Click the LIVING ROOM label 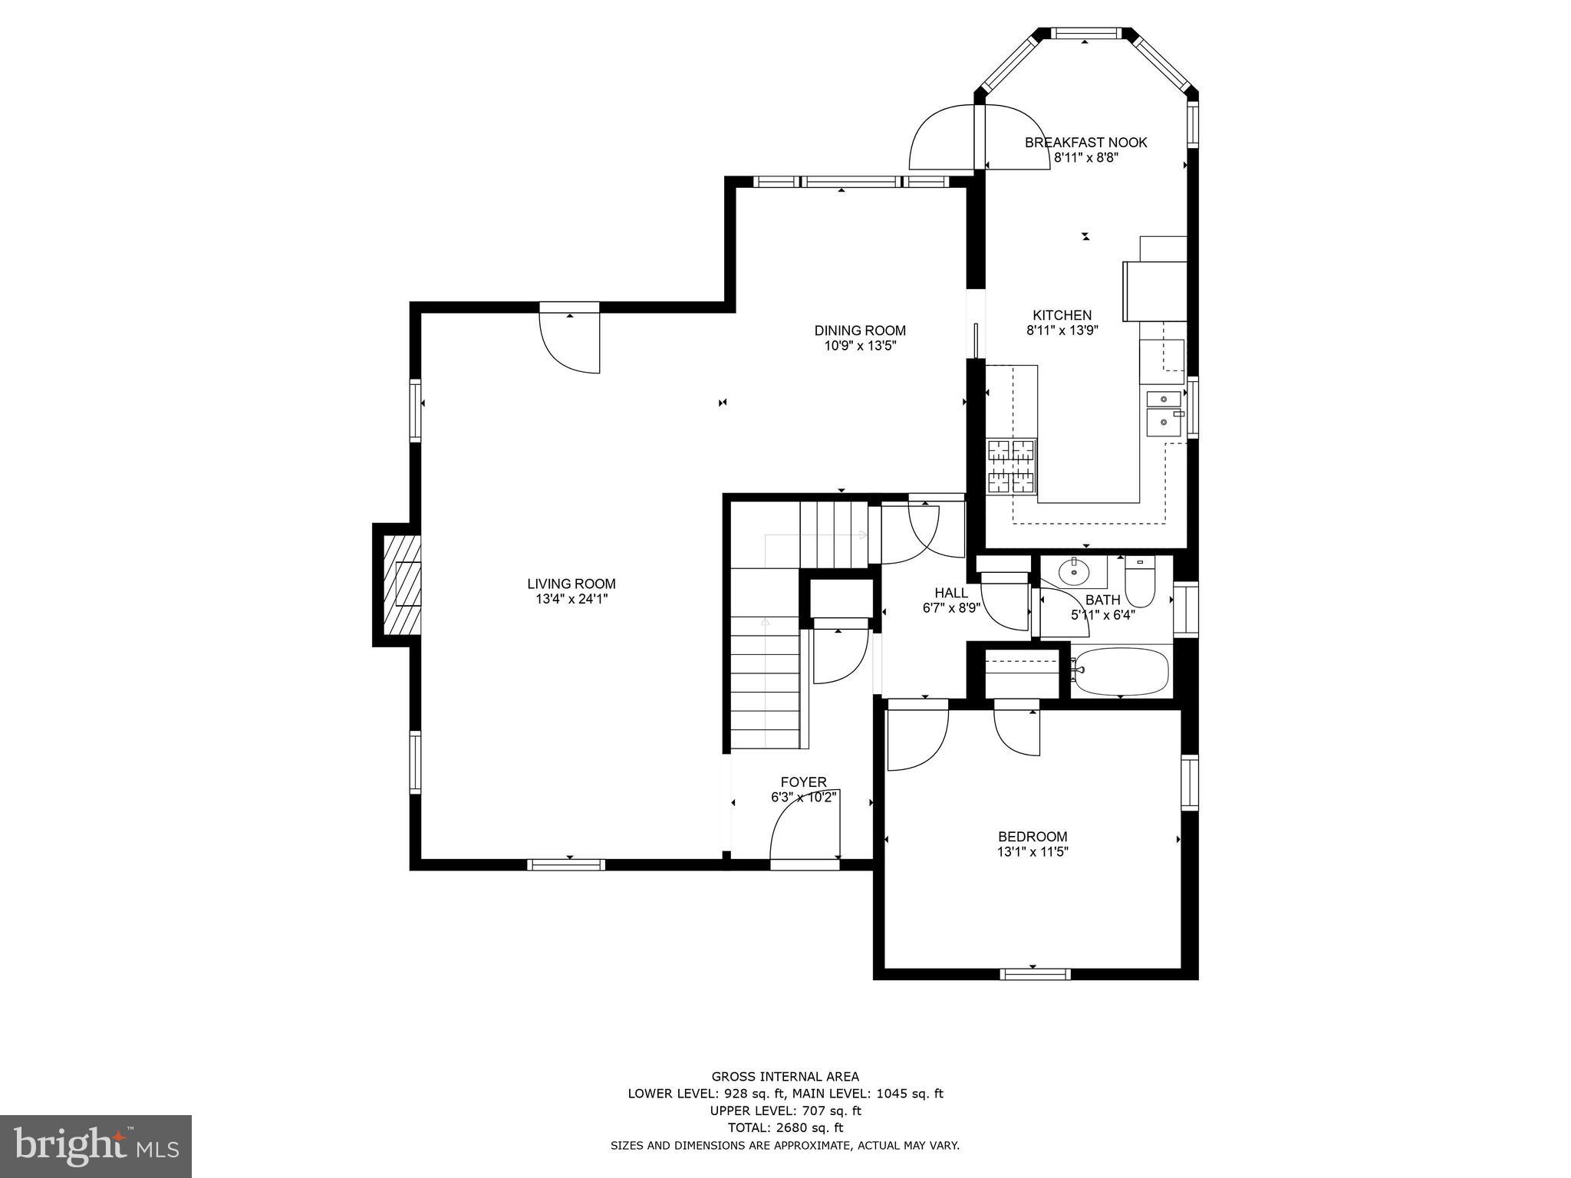[x=571, y=584]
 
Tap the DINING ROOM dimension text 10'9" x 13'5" [x=860, y=346]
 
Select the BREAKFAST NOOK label [x=1085, y=142]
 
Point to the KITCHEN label [x=1062, y=315]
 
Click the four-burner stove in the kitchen [x=1011, y=466]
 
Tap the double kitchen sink [x=1164, y=410]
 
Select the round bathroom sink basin [x=1073, y=571]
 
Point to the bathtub [x=1121, y=671]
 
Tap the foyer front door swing [x=805, y=827]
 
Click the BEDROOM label [x=1033, y=837]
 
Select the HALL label [x=951, y=593]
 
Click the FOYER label [x=803, y=782]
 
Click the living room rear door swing [x=569, y=341]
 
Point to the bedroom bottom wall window [x=1035, y=974]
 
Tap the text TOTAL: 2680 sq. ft [x=785, y=1127]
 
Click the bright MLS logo [x=96, y=1146]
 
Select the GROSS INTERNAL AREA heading [x=785, y=1077]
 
